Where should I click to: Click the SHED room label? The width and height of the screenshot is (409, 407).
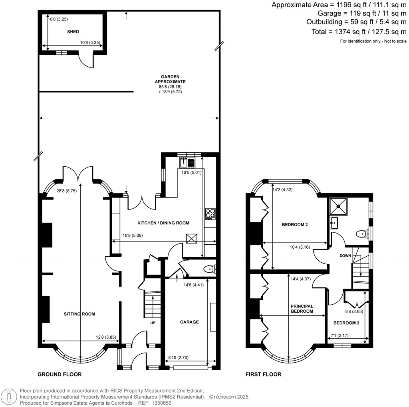(73, 32)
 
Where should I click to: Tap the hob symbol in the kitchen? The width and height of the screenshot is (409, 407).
(210, 214)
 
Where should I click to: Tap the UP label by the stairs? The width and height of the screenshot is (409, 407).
(152, 322)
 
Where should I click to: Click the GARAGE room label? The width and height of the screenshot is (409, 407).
(189, 322)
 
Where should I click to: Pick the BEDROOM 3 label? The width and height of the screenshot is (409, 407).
(347, 323)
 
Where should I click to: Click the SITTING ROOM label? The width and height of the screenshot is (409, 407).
(79, 314)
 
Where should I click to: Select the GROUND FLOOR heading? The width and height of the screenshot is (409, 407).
(60, 375)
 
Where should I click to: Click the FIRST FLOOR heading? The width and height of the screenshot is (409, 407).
(263, 375)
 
